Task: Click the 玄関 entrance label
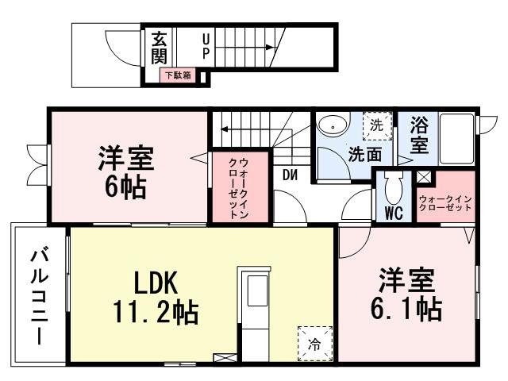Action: coord(159,48)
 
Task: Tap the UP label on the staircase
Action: coord(206,45)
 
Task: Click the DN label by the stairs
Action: coord(289,175)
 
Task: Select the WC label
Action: coord(392,213)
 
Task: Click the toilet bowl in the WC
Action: coord(392,188)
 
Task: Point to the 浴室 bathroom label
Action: coord(420,136)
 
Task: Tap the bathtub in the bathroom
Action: coord(456,138)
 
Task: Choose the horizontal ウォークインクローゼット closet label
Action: coord(445,202)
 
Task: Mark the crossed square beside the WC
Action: coord(424,179)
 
